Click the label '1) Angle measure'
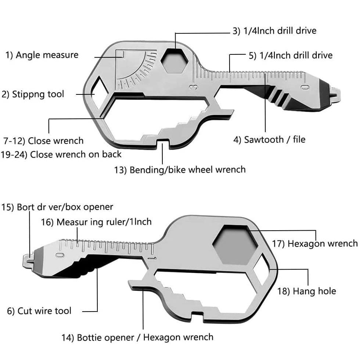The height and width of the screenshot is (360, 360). [x=42, y=55]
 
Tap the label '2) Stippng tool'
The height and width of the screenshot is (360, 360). [x=33, y=94]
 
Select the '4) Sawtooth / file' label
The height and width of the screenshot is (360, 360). [x=269, y=140]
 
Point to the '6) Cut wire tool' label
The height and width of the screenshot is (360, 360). [x=39, y=311]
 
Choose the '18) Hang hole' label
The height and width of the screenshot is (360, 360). [x=306, y=291]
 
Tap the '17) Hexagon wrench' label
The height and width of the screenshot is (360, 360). [x=315, y=243]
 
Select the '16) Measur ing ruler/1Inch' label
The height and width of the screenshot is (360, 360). [x=96, y=222]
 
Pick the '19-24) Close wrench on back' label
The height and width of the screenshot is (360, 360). [x=61, y=154]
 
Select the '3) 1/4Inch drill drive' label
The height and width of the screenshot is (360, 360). [x=274, y=30]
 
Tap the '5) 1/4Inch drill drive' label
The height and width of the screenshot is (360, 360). [x=290, y=55]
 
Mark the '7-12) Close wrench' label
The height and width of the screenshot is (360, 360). [x=43, y=141]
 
